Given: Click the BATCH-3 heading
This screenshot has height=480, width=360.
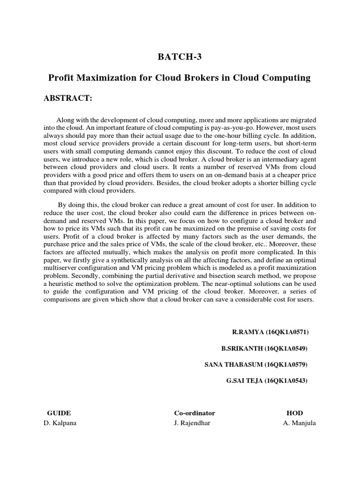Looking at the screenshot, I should coord(180,57).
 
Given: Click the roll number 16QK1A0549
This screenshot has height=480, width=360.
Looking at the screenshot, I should coord(286,349).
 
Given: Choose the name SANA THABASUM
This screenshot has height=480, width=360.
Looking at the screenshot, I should coord(234,365).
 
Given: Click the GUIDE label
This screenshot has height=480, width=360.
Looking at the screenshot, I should coord(59,413).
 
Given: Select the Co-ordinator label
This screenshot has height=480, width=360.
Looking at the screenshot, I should coord(195,413).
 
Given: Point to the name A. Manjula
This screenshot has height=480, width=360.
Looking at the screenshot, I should coord(294,423).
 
